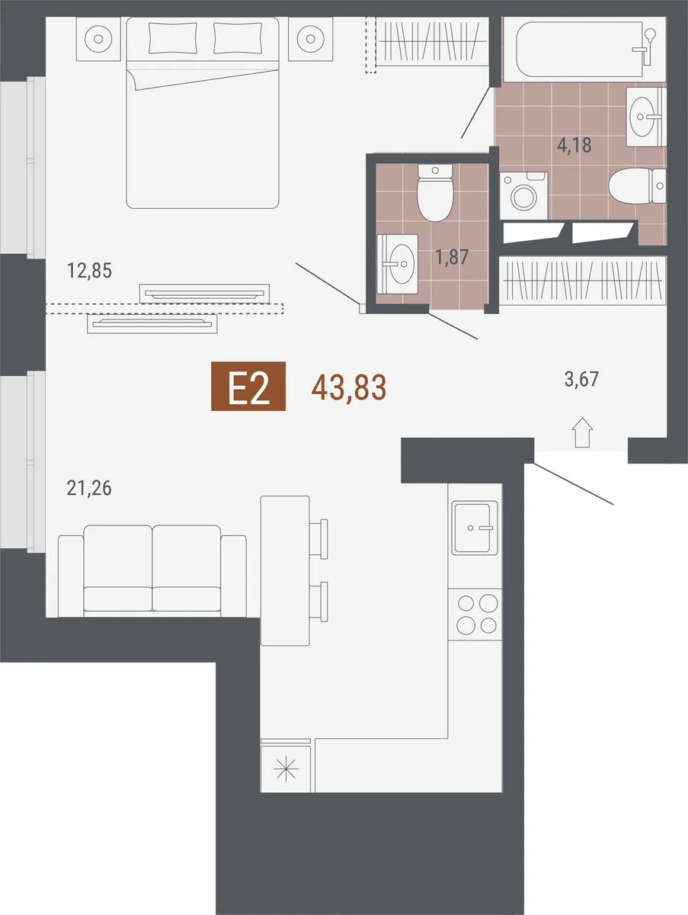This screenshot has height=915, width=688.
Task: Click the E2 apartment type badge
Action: (248, 386)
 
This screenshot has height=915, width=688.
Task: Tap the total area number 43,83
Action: (349, 387)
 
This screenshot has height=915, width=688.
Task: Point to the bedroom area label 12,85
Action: (90, 271)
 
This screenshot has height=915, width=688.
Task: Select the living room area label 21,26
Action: (89, 488)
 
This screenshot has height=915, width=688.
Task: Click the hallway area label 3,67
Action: (581, 379)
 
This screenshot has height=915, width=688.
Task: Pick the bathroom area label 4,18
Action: (574, 145)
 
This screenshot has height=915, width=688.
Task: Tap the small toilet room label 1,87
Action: (452, 257)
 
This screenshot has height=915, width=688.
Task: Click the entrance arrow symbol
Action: (582, 432)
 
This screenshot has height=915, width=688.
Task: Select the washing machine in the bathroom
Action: (524, 195)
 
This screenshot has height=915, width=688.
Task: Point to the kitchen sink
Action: (475, 528)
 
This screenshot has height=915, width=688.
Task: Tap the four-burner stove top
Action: (475, 615)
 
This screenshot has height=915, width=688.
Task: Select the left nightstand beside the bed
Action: (99, 39)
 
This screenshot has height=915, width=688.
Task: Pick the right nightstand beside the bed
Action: (311, 39)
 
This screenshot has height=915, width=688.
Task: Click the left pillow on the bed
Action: (173, 38)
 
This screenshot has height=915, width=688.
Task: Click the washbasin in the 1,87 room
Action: (397, 264)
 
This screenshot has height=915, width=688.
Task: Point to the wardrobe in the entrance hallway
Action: (583, 280)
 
